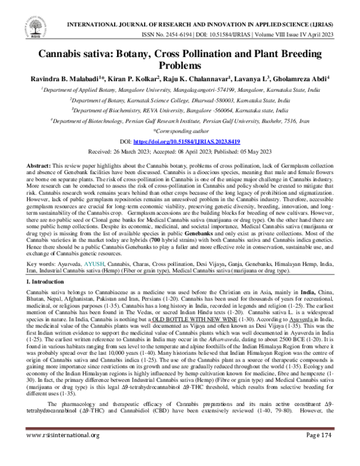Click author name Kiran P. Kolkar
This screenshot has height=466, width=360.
[131, 79]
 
